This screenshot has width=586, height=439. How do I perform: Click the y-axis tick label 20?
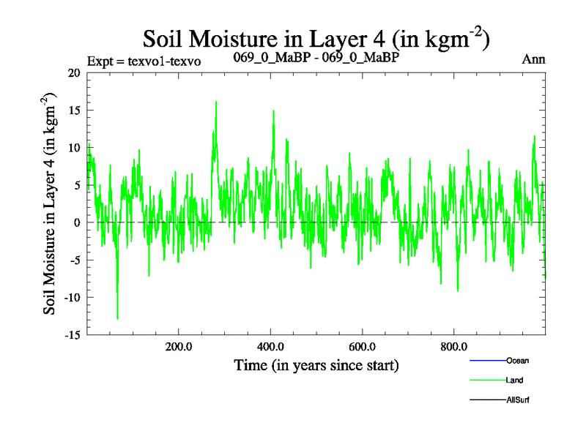tap(73, 73)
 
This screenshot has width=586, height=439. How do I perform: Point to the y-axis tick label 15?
tap(73, 110)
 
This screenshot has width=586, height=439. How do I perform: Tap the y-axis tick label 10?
tap(73, 148)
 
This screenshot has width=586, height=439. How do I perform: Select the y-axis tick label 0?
tap(77, 222)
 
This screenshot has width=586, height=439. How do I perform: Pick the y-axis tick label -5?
tap(74, 260)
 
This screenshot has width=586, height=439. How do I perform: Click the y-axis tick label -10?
tap(71, 297)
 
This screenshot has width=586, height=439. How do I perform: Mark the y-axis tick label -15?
tap(71, 334)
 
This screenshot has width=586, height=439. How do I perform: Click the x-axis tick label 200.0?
tap(179, 347)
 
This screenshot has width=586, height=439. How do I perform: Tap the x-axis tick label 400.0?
tap(271, 347)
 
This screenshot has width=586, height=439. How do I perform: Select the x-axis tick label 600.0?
tap(363, 347)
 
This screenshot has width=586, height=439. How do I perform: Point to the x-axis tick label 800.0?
tap(454, 347)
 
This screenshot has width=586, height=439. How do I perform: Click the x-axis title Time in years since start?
tap(316, 364)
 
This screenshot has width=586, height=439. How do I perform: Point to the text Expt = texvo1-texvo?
tap(144, 61)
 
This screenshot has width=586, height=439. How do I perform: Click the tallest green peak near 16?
tap(216, 102)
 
